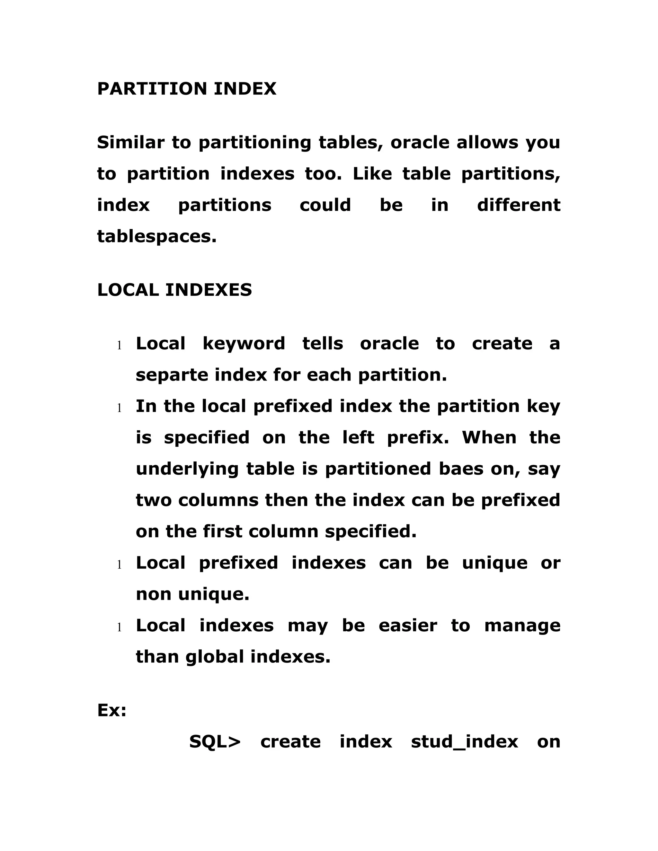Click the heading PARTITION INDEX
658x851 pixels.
coord(186,89)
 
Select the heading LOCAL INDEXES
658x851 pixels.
coord(174,290)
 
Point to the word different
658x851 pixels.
coord(519,205)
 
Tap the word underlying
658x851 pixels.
coord(187,469)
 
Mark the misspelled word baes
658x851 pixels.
coord(461,469)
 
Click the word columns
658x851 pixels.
coord(218,500)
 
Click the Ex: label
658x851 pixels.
coord(112,710)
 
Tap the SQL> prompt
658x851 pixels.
coord(215,742)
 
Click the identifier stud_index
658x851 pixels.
coord(464,742)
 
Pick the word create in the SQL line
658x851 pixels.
coord(290,742)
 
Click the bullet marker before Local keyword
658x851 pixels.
coord(120,345)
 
